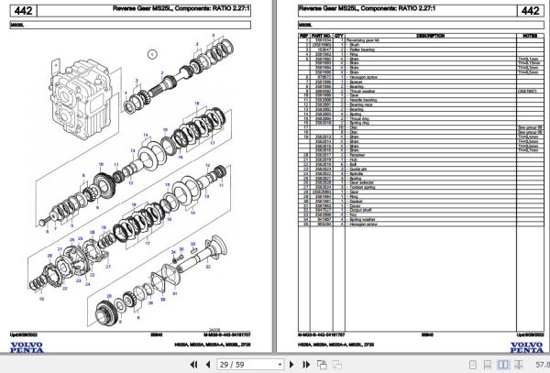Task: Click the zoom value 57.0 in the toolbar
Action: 539,364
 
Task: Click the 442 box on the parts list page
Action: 529,11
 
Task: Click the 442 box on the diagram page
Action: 25,11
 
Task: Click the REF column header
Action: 303,35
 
